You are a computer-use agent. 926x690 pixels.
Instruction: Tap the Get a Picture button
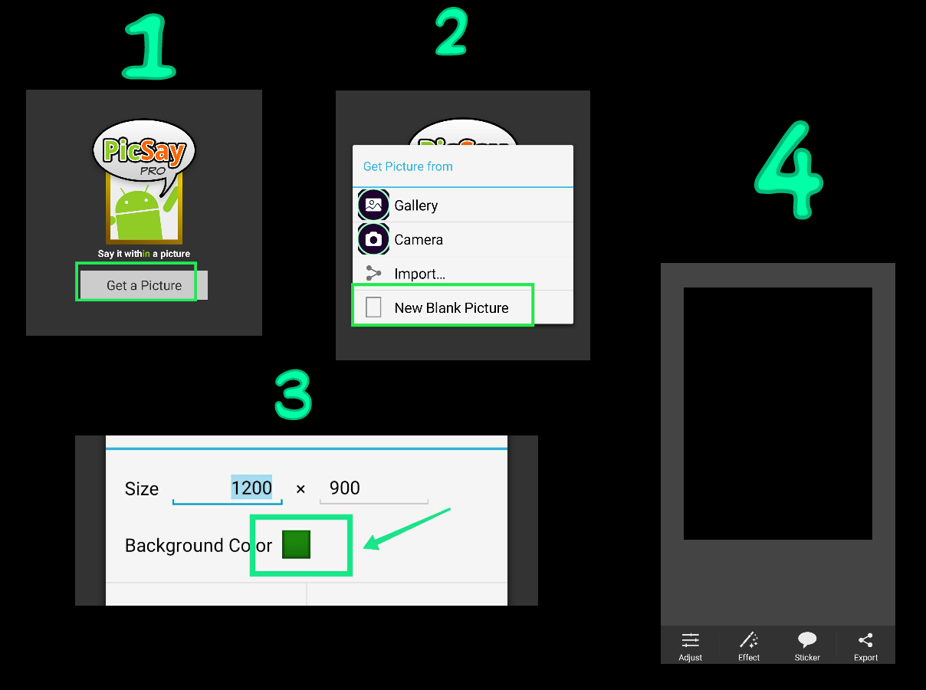point(144,285)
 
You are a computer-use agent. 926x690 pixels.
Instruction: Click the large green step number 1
point(149,47)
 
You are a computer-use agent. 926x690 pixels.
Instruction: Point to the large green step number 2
point(452,31)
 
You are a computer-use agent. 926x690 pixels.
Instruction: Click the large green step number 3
point(294,394)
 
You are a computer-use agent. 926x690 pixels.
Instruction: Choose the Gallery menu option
point(415,205)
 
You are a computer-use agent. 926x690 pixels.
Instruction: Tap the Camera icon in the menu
point(373,239)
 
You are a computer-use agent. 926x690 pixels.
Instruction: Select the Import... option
point(419,274)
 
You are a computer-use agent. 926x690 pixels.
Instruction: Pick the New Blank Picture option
point(452,308)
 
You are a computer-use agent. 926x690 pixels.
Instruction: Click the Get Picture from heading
point(408,166)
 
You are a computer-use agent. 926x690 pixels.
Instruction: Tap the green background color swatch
point(296,544)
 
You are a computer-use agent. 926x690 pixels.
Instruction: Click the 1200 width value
point(251,488)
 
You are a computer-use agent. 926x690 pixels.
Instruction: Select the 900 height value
point(344,488)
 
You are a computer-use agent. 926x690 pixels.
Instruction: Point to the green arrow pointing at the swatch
point(406,529)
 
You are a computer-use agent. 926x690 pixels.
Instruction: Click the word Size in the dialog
point(142,488)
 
